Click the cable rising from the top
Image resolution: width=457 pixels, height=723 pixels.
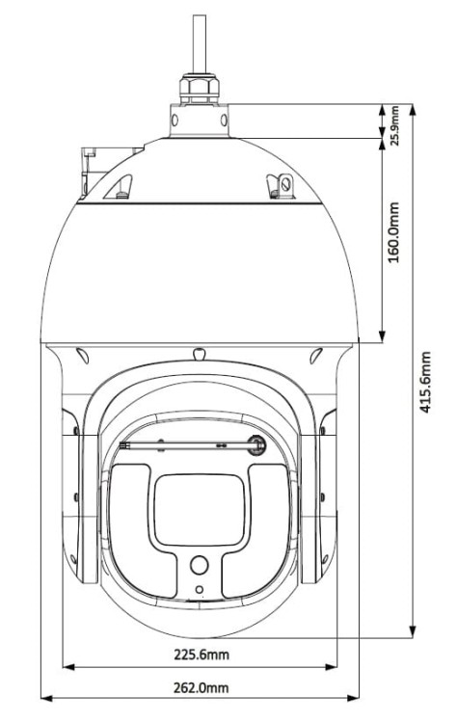pos(201,43)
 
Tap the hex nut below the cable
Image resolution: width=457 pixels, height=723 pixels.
pos(201,91)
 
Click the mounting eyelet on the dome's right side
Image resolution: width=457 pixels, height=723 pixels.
pos(285,181)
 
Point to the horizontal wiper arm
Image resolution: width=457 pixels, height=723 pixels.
pos(183,445)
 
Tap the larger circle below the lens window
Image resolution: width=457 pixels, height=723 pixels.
pos(200,566)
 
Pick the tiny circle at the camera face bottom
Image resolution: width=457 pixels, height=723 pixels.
pos(200,590)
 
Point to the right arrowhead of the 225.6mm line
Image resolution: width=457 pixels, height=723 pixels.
pos(335,665)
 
